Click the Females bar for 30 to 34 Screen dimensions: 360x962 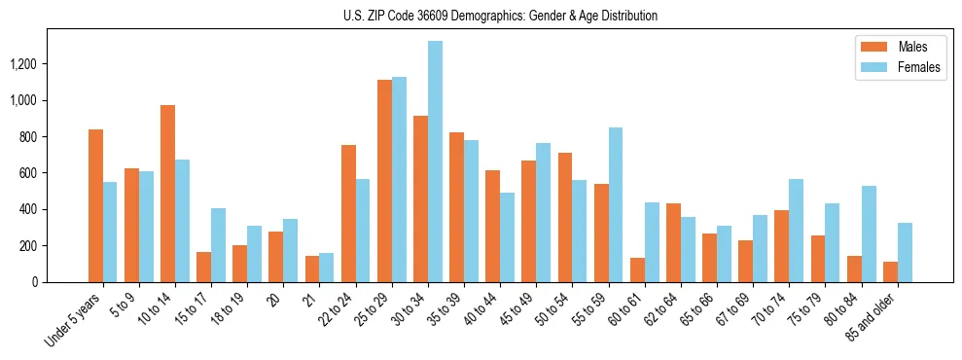pyautogui.click(x=435, y=162)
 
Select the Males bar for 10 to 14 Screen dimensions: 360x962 pyautogui.click(x=167, y=194)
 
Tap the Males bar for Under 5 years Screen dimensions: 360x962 pyautogui.click(x=95, y=205)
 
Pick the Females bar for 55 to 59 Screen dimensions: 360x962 pyautogui.click(x=616, y=204)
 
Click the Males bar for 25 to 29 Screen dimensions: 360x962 pyautogui.click(x=384, y=181)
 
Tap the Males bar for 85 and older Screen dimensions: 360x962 pyautogui.click(x=890, y=271)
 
